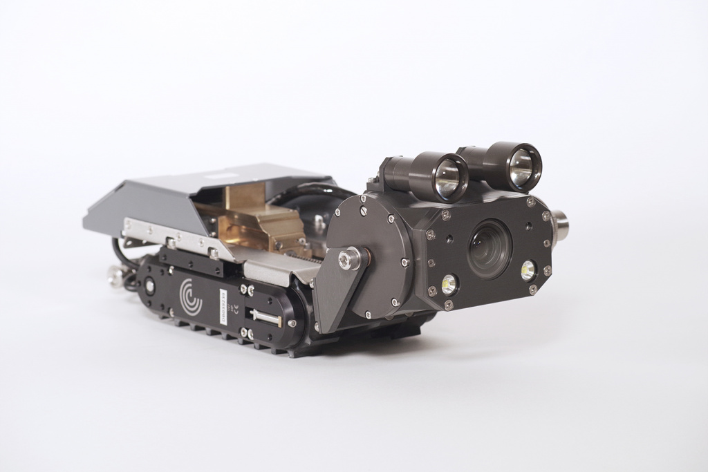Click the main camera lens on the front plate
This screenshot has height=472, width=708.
coord(490,250)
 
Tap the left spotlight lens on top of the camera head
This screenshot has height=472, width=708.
coord(449,177)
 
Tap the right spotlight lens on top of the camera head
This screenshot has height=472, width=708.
coord(522,167)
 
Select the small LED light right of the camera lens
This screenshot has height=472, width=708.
coord(528,270)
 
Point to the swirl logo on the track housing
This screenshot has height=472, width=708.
coord(190,296)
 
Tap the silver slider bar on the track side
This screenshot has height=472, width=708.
coord(265,317)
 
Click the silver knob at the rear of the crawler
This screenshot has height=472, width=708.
coord(114,277)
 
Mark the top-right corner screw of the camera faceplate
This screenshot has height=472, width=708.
coord(530,202)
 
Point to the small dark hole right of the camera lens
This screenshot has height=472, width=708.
coord(529,225)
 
